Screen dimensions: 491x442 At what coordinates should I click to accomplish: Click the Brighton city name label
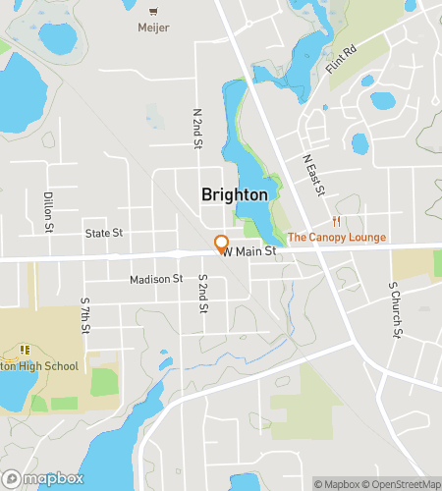click(234, 194)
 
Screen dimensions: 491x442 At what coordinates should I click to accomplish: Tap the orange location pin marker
click(222, 244)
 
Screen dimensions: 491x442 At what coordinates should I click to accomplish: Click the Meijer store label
click(154, 27)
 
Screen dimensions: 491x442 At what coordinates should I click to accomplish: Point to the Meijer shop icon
click(154, 11)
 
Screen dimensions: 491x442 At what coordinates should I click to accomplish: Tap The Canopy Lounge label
click(337, 237)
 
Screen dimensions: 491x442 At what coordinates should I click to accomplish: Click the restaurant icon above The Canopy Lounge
click(337, 221)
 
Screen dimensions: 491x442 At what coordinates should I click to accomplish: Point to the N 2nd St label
click(197, 127)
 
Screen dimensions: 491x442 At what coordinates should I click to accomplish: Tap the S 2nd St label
click(202, 294)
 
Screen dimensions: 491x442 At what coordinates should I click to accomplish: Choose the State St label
click(103, 233)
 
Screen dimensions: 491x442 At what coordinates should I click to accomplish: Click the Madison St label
click(156, 279)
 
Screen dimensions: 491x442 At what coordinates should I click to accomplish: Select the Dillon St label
click(48, 212)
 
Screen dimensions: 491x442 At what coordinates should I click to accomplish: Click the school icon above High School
click(25, 350)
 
